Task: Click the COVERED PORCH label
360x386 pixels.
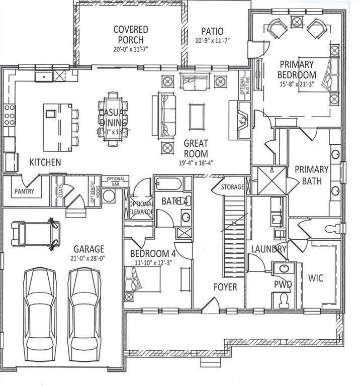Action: point(131,35)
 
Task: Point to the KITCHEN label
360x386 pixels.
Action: point(45,162)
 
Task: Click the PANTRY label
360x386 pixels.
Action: point(24,191)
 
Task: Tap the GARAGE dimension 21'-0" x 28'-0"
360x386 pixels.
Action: point(89,259)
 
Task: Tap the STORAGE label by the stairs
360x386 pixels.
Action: point(232,187)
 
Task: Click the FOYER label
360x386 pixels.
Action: point(225,287)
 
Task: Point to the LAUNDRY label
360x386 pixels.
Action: point(268,248)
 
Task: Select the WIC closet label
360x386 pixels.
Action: point(316,277)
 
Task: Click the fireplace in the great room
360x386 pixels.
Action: point(240,120)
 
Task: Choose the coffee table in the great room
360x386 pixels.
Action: point(197,117)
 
